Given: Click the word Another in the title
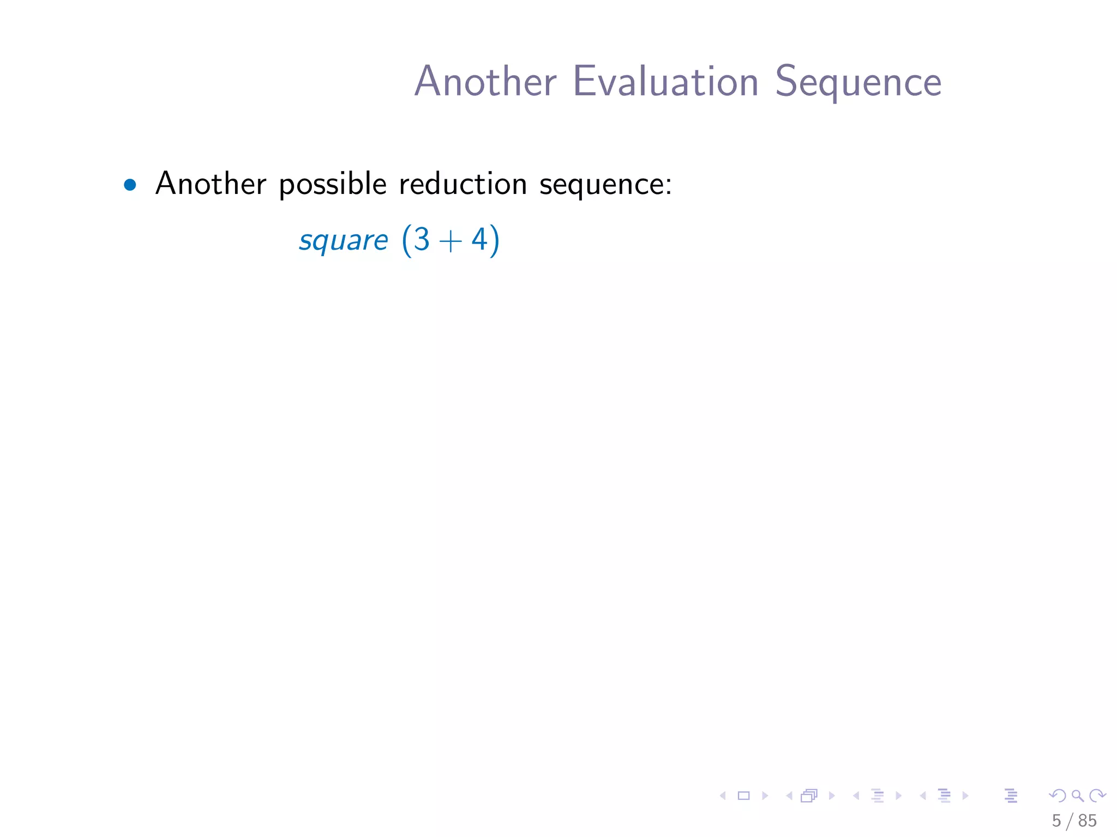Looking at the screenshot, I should pos(485,82).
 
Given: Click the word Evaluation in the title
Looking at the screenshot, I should pos(665,82).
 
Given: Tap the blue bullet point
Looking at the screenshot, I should pos(130,185).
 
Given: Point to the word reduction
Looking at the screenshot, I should pos(463,184).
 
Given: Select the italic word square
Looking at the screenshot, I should pos(343,240).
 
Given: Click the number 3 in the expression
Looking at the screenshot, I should pos(421,239).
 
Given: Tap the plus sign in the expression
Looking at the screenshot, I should pos(451,241).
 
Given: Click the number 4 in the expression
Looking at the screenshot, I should pos(479,239).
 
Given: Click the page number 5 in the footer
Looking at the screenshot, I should pos(1056,821).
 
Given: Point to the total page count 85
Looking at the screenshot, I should pos(1087,821).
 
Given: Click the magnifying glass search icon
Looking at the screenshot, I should pos(1077,796).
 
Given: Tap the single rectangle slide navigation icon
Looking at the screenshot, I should pos(743,796).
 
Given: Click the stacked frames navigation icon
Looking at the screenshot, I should pos(809,796).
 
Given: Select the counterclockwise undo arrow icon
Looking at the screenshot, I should pos(1058,796).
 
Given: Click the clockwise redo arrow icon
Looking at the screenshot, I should pos(1097,796).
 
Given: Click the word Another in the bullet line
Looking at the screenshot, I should pos(211,184).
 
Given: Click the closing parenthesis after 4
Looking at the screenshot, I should pos(494,240).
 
